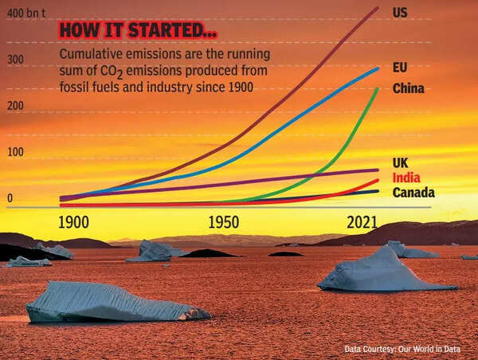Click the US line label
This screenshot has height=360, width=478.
402,13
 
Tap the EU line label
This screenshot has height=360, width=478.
400,68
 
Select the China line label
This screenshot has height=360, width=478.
409,88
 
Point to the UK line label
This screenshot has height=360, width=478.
401,162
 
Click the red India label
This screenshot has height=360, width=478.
406,178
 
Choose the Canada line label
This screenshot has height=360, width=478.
413,193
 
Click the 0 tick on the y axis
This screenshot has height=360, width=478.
10,198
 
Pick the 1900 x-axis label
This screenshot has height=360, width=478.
72,223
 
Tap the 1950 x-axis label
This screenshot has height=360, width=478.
224,223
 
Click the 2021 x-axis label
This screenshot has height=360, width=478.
362,223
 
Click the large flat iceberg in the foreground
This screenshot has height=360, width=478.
112,302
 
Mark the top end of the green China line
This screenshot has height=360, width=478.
377,88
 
